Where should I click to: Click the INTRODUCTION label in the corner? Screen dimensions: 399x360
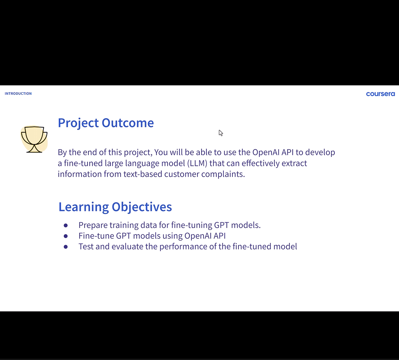(18, 94)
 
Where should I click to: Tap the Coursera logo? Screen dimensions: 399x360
(380, 94)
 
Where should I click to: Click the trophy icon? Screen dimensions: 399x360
(34, 139)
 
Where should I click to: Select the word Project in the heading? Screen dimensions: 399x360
(78, 123)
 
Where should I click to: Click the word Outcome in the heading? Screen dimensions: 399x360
(128, 123)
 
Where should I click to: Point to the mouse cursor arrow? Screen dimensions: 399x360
(221, 133)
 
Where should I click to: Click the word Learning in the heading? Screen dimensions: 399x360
(84, 207)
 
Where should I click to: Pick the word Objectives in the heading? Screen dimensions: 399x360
(142, 207)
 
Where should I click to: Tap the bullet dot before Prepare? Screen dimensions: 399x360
(66, 226)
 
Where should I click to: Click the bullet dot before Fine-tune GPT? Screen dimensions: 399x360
(66, 236)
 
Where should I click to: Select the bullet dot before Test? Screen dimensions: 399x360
(66, 247)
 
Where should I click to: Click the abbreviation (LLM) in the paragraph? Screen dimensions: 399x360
(197, 163)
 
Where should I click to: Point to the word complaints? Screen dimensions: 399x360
(223, 174)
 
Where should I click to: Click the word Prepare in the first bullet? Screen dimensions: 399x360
(93, 226)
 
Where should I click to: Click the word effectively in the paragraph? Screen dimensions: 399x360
(261, 163)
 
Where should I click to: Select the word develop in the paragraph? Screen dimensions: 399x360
(320, 152)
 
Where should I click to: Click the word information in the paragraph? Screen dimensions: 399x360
(79, 174)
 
